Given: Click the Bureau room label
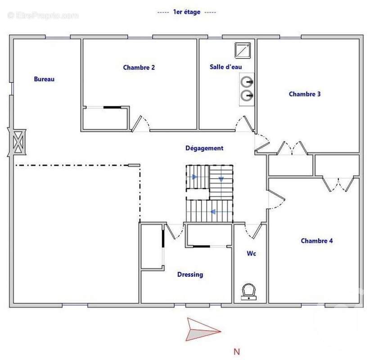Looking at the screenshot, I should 44,79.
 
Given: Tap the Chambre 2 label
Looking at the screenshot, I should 139,67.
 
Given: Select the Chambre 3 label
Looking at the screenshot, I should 305,94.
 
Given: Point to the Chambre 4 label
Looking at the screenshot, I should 317,241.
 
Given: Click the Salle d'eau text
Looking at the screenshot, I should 226,67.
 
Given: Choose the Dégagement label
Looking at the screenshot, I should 204,148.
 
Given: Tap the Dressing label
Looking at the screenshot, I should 190,274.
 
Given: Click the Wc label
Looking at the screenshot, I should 251,254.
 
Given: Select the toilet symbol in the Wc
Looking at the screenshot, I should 248,292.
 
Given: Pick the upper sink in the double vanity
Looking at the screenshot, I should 246,82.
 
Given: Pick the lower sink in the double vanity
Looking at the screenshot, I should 246,95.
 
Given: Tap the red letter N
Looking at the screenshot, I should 236,351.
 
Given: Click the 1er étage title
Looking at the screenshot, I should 186,13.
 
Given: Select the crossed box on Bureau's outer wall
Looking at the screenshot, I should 18,142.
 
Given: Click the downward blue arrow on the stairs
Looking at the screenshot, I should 221,179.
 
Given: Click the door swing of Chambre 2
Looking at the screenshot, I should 141,123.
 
